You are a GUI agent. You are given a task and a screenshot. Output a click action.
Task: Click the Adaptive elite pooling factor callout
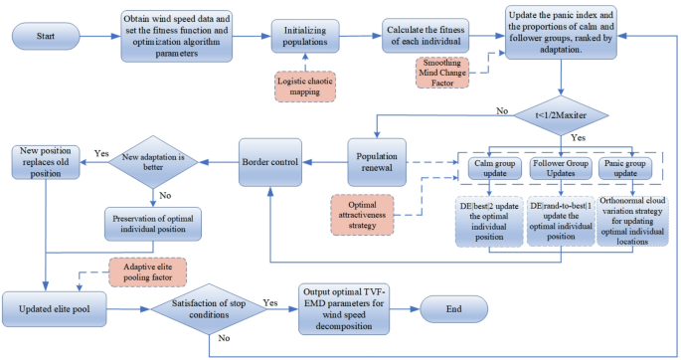tap(147, 269)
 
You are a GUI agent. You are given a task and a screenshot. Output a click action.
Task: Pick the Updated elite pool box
tap(58, 307)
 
